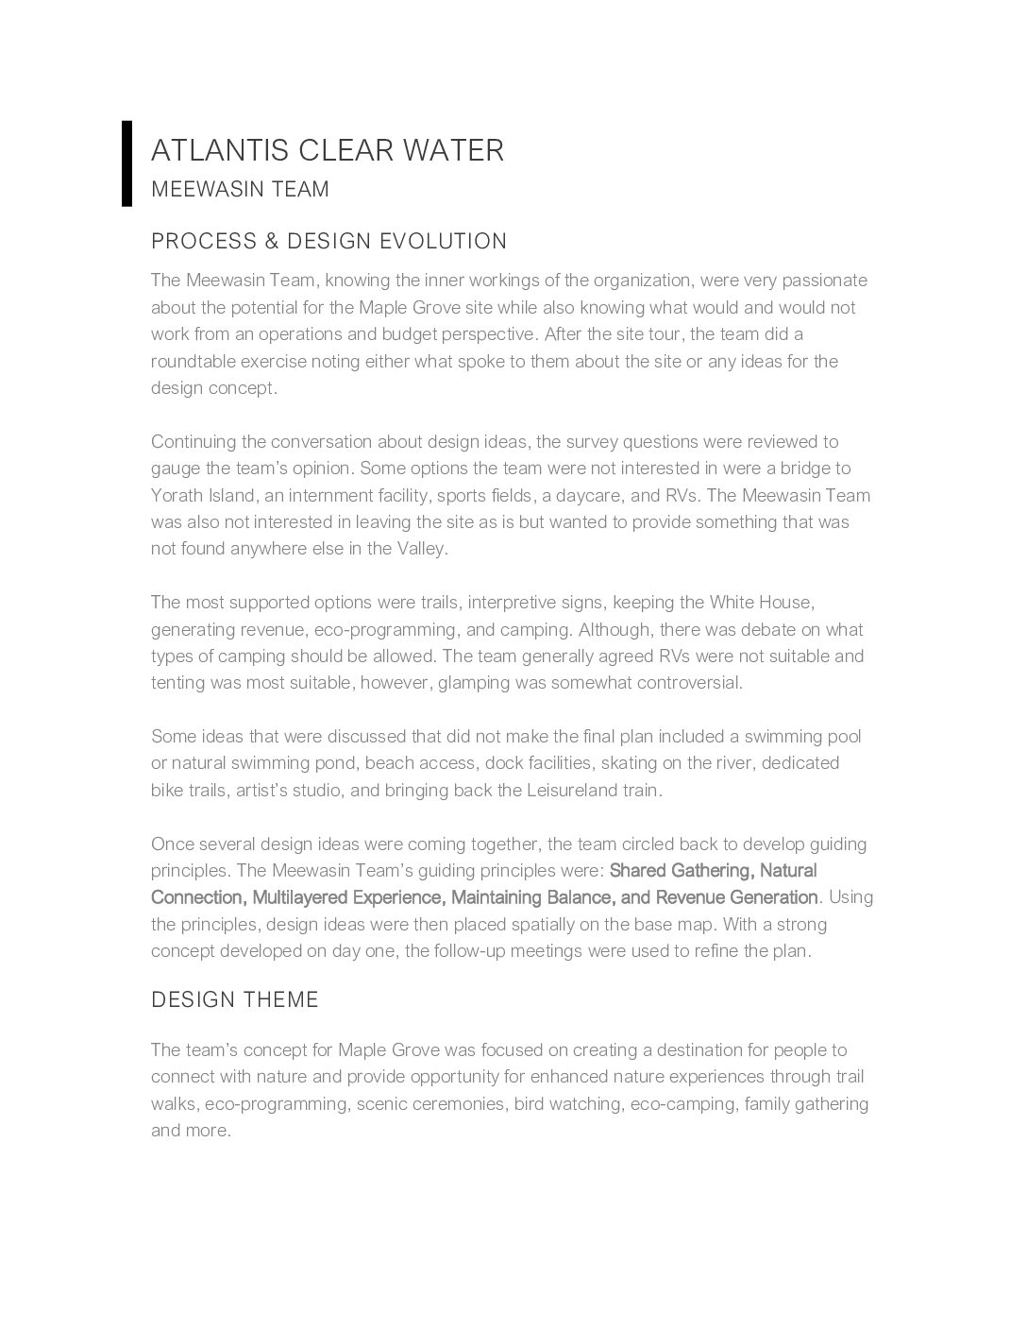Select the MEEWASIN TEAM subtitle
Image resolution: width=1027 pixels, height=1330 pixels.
[x=240, y=189]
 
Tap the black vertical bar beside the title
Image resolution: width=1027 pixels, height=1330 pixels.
[x=126, y=163]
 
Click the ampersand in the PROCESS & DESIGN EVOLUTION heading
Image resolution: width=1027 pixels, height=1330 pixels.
[x=272, y=242]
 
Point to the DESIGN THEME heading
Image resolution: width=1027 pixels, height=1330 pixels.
[x=235, y=999]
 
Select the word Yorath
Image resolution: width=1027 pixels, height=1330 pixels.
[x=177, y=496]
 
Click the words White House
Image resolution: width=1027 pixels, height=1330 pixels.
[x=761, y=603]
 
